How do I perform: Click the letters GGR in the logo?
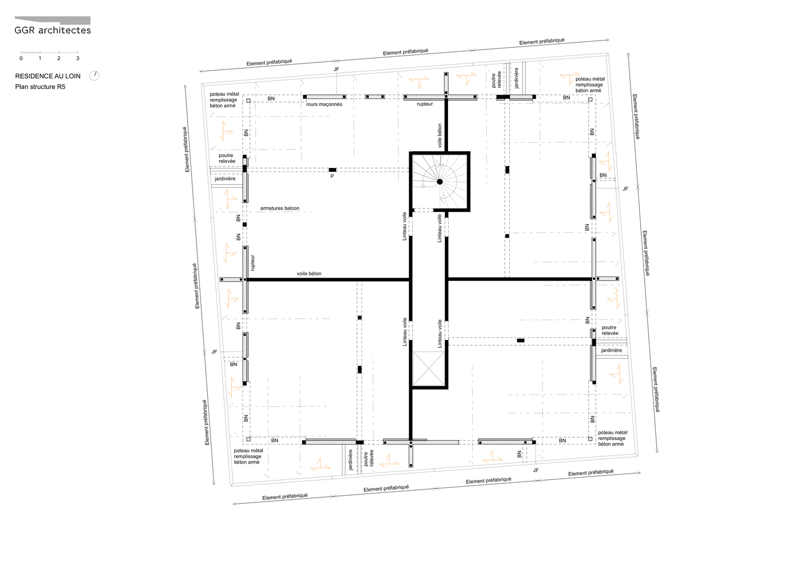point(25,30)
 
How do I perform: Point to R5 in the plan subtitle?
point(61,87)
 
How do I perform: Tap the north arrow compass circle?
point(94,75)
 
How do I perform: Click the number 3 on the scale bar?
point(77,58)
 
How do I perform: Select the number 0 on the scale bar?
point(21,58)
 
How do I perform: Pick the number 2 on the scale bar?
point(59,58)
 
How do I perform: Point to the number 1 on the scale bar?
point(40,58)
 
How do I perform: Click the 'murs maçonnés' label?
point(325,105)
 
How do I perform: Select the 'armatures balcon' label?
point(280,209)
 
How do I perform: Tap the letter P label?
point(332,176)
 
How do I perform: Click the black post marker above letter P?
point(332,170)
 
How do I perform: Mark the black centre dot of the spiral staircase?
point(440,182)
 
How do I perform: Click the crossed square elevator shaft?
point(428,369)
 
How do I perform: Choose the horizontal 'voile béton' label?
point(309,274)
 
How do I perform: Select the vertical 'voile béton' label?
point(440,135)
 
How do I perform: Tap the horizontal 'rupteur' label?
point(425,105)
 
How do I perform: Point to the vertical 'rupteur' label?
point(253,263)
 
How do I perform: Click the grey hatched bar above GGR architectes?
point(52,20)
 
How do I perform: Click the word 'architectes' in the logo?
point(65,30)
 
